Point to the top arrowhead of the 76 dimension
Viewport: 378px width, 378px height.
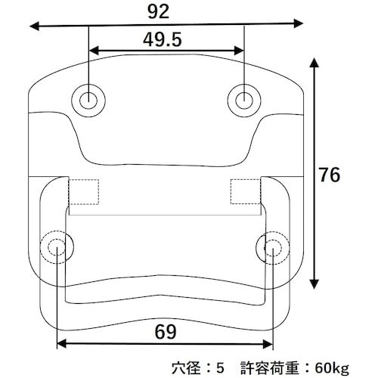[315, 62]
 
